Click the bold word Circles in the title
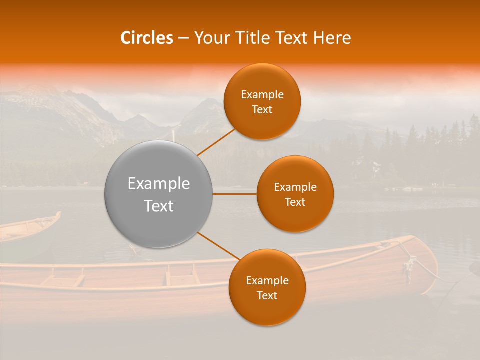pyautogui.click(x=147, y=38)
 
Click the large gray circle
pyautogui.click(x=158, y=194)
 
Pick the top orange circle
pyautogui.click(x=262, y=102)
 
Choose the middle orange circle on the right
pyautogui.click(x=295, y=194)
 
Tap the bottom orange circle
pyautogui.click(x=267, y=288)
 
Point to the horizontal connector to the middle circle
pyautogui.click(x=234, y=193)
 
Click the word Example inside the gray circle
pyautogui.click(x=158, y=184)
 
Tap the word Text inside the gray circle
pyautogui.click(x=158, y=206)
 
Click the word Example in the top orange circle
pyautogui.click(x=262, y=95)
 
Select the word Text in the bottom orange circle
pyautogui.click(x=267, y=296)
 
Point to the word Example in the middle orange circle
pyautogui.click(x=295, y=187)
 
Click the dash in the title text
pyautogui.click(x=183, y=38)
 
